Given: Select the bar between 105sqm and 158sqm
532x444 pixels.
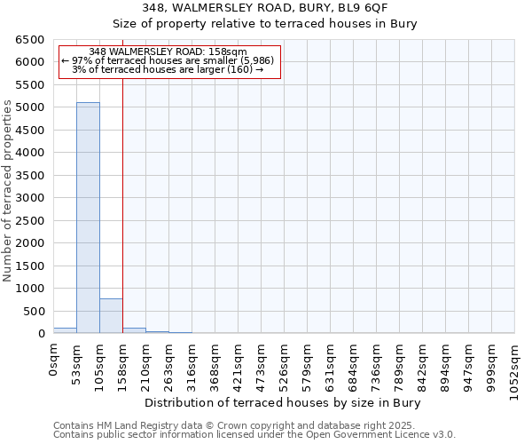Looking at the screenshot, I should [x=111, y=316].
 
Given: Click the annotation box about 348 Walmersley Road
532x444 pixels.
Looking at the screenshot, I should [x=168, y=61].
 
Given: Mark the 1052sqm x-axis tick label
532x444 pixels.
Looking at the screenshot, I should [x=515, y=369].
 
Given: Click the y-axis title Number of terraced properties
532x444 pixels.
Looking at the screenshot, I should [x=9, y=191].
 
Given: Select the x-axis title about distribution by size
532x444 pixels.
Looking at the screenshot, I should [x=282, y=402].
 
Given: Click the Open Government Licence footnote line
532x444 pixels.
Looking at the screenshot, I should [x=254, y=434].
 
